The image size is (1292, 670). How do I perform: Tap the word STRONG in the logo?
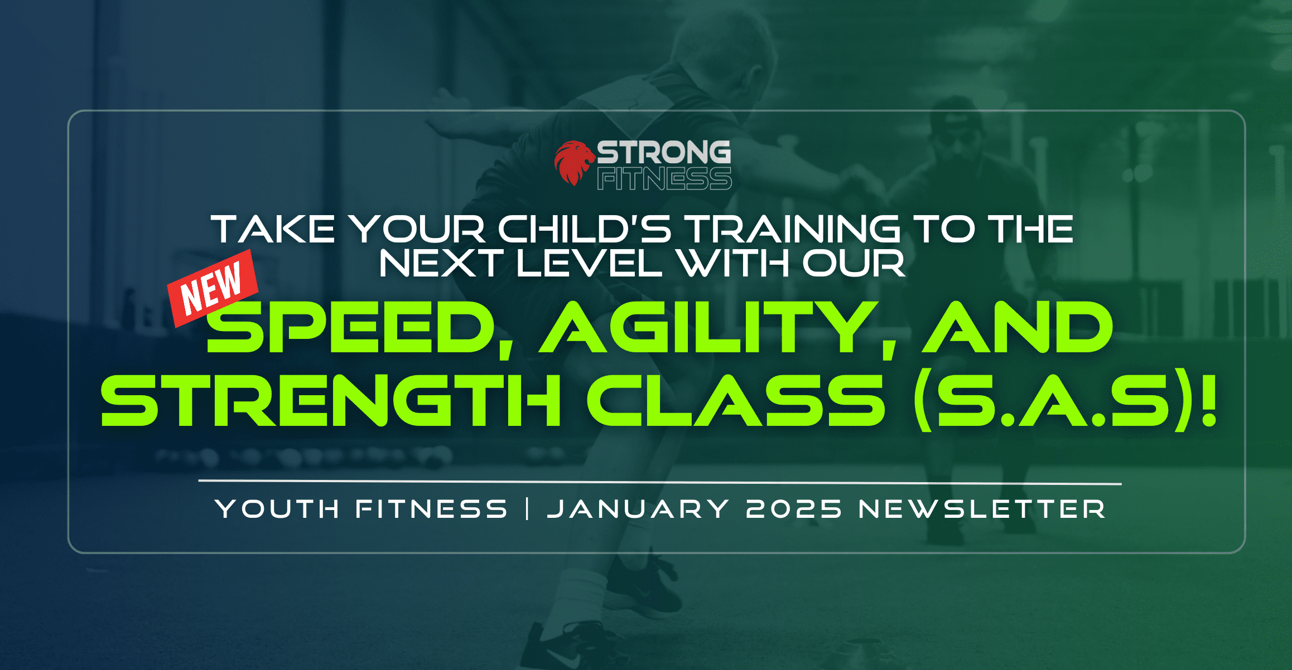[x=664, y=152]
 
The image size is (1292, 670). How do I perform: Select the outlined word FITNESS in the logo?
[x=664, y=178]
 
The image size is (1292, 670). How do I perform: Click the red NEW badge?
[x=213, y=288]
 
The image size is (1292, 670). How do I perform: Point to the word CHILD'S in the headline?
[x=584, y=229]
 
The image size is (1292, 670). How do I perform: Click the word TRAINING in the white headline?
[x=792, y=229]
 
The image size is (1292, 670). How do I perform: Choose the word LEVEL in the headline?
[x=589, y=263]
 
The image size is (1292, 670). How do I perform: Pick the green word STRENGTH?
[x=330, y=400]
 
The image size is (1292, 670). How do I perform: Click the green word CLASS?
[x=736, y=400]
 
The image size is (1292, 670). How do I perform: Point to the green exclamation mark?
[x=1209, y=400]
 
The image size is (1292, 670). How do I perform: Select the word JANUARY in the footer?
[x=638, y=509]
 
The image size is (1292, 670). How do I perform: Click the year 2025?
[x=794, y=509]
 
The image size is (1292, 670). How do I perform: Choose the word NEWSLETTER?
[x=982, y=509]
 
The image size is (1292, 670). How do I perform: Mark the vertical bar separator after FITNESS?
[x=527, y=509]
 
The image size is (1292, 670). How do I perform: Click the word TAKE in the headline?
[x=273, y=229]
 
